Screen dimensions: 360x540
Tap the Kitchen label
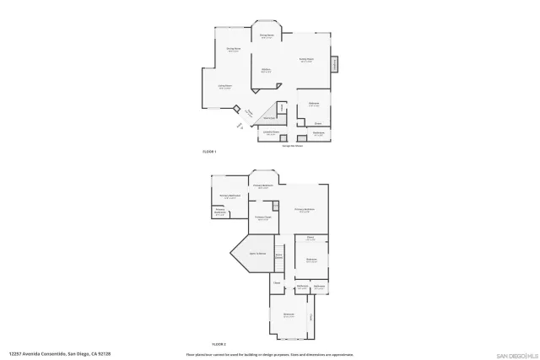point(266,71)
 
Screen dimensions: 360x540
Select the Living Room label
point(225,87)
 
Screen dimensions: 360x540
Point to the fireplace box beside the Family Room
point(334,65)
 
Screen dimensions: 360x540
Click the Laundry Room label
point(271,132)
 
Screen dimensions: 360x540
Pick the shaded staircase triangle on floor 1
point(270,113)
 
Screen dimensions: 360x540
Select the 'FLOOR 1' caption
point(210,151)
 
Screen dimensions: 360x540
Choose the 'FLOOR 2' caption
point(219,344)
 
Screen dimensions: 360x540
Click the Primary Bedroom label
point(305,209)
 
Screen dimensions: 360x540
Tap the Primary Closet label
point(263,218)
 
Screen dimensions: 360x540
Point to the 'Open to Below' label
point(257,253)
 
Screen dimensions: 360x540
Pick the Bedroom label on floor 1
point(313,105)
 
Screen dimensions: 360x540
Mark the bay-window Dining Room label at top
point(267,36)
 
